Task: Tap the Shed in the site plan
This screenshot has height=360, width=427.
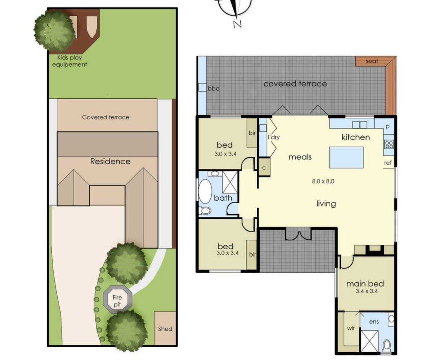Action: (165, 328)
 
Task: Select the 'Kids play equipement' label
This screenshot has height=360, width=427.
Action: (69, 61)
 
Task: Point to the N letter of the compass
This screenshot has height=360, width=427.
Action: (237, 24)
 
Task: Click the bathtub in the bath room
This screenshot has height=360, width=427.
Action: (205, 191)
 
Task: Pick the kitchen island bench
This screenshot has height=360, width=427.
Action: (346, 157)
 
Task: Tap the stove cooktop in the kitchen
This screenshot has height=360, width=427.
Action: (389, 144)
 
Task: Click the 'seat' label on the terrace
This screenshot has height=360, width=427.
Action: (372, 61)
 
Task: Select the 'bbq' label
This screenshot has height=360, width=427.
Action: (214, 89)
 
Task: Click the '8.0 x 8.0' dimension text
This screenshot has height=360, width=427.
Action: (323, 181)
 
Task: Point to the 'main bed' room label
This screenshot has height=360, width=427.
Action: (365, 283)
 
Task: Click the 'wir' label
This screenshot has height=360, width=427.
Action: (351, 328)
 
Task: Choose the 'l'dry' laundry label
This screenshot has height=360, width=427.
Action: (274, 137)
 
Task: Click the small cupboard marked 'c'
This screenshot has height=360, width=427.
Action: (264, 168)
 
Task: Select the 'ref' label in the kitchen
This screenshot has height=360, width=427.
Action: (388, 163)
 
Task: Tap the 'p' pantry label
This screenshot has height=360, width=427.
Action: (388, 127)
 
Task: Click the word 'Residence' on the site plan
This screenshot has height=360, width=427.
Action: (110, 162)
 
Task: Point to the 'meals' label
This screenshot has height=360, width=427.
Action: (300, 157)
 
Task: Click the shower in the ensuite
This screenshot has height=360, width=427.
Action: (370, 340)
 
